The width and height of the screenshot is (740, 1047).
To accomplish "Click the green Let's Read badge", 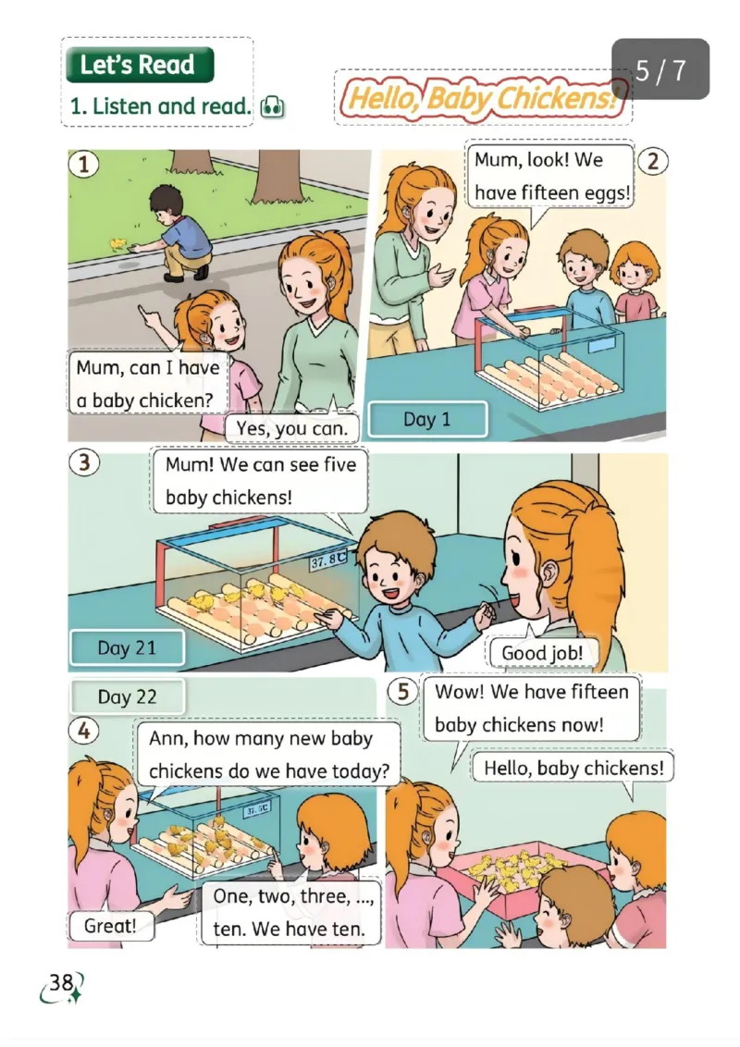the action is [x=140, y=65].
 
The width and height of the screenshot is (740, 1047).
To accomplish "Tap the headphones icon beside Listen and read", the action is [x=272, y=107].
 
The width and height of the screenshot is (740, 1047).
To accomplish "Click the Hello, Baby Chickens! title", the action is [x=483, y=98].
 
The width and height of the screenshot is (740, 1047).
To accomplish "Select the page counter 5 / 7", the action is [x=660, y=69].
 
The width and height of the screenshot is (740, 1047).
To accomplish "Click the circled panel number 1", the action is [x=84, y=164].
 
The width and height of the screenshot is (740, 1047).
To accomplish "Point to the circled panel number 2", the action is [x=652, y=161].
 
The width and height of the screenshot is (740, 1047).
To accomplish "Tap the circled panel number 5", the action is [x=402, y=691].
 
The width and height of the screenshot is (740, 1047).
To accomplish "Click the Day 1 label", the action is [x=427, y=419].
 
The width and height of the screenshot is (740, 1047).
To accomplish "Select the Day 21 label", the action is [x=127, y=647].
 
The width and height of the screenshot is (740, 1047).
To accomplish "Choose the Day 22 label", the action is [x=127, y=696].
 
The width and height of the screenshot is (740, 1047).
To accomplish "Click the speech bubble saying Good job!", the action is [x=542, y=652].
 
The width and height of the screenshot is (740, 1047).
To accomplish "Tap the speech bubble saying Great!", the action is [x=110, y=926].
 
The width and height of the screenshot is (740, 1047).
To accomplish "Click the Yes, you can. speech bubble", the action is [x=292, y=427].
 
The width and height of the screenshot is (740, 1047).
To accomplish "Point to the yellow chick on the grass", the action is [x=118, y=244].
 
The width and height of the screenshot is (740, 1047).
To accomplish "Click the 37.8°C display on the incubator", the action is [x=328, y=560].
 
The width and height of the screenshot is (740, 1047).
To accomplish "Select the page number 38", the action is [x=61, y=982].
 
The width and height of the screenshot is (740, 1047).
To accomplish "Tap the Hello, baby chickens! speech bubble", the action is [x=573, y=768].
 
